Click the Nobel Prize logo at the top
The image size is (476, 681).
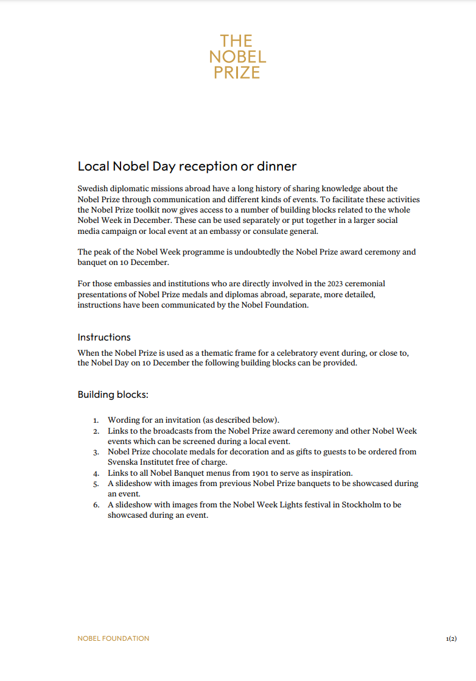pyautogui.click(x=237, y=57)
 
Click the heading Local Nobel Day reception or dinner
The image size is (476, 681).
pyautogui.click(x=187, y=166)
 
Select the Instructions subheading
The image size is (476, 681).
pyautogui.click(x=104, y=337)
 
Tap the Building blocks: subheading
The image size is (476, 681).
pyautogui.click(x=113, y=394)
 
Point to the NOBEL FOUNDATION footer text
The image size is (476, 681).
pyautogui.click(x=113, y=638)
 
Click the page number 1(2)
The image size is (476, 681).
pyautogui.click(x=451, y=638)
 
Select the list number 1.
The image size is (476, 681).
pyautogui.click(x=96, y=420)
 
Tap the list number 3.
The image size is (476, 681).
pyautogui.click(x=96, y=452)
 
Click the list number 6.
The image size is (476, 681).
pyautogui.click(x=96, y=505)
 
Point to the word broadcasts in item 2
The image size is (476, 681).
pyautogui.click(x=163, y=431)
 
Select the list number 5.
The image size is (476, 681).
pyautogui.click(x=96, y=484)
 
